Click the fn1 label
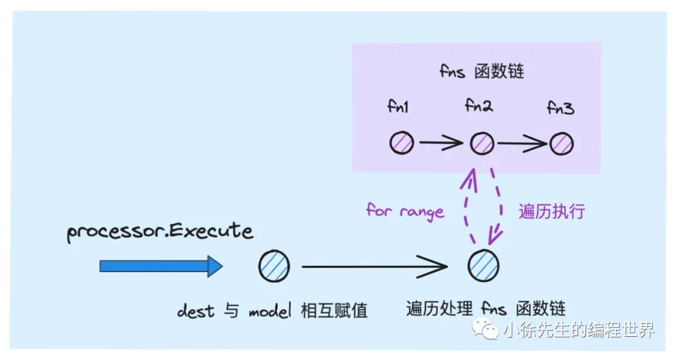(x=398, y=107)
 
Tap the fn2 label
(x=479, y=105)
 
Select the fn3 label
(x=560, y=108)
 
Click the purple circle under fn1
(x=401, y=143)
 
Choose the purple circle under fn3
(x=562, y=144)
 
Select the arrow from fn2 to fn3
(x=521, y=144)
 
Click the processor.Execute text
(x=160, y=231)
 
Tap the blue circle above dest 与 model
(x=274, y=266)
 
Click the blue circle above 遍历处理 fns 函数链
(x=483, y=266)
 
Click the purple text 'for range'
(x=405, y=211)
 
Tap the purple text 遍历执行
(x=552, y=211)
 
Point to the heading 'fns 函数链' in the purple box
(x=481, y=71)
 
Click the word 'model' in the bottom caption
(x=270, y=310)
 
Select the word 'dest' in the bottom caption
(x=196, y=310)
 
